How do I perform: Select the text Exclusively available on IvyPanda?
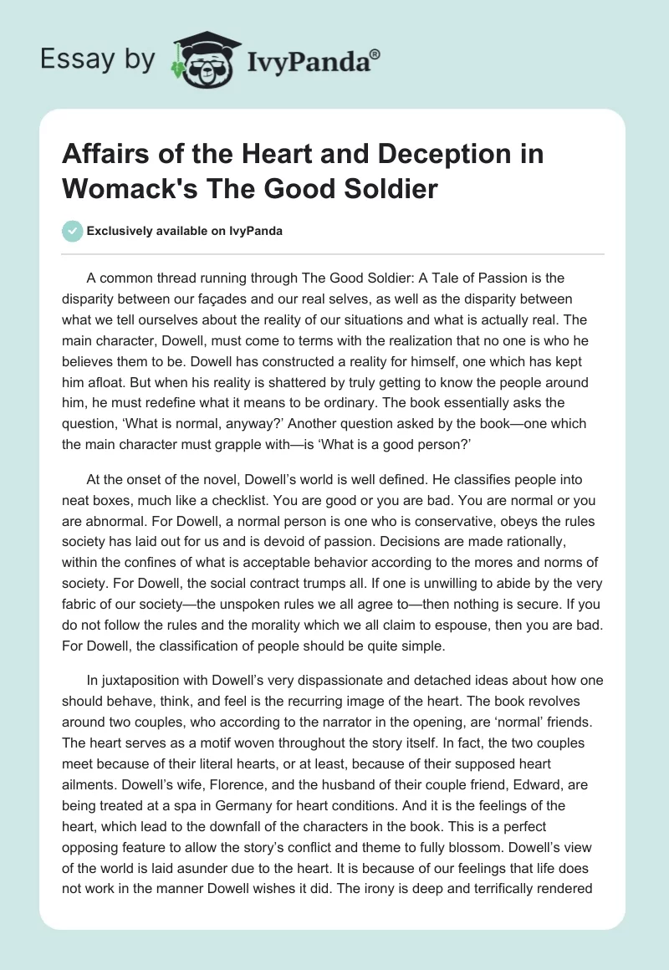184,232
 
